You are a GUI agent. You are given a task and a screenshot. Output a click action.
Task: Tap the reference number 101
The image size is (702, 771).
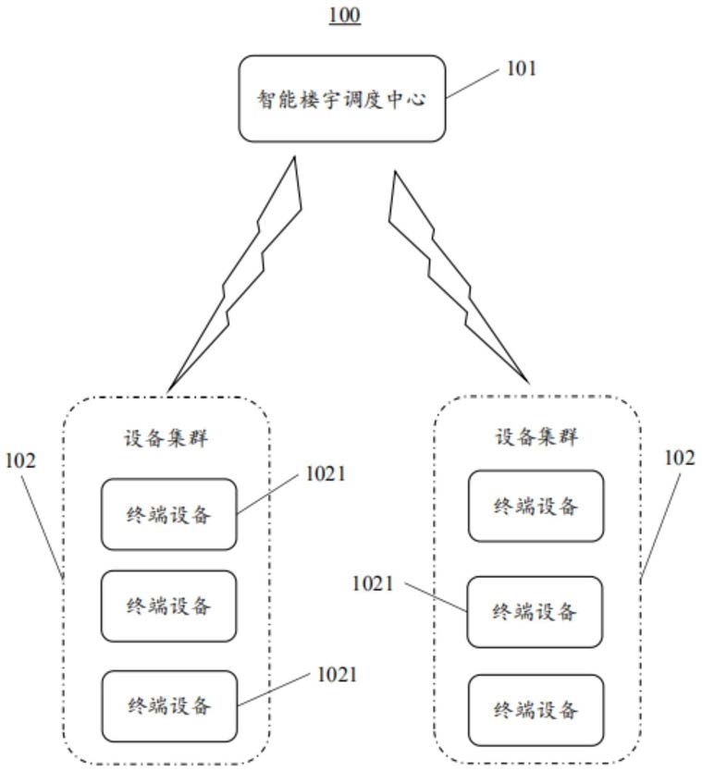[522, 68]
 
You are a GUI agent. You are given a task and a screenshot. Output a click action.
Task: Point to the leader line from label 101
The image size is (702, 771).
[473, 83]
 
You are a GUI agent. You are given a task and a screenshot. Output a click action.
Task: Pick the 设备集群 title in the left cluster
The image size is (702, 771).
[166, 437]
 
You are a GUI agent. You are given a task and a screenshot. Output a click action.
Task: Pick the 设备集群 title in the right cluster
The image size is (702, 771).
[536, 436]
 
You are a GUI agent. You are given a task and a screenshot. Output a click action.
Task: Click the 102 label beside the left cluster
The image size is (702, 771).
[20, 460]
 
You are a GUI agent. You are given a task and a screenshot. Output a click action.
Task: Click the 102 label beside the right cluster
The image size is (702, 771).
[680, 458]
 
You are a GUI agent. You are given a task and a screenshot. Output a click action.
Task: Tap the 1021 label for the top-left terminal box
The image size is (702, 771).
[326, 473]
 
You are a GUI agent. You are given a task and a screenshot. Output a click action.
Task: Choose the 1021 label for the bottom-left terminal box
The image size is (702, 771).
[337, 674]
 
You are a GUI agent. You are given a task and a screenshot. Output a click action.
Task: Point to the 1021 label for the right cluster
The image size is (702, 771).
[373, 583]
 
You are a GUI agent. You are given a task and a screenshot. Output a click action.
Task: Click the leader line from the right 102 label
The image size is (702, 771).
[660, 526]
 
